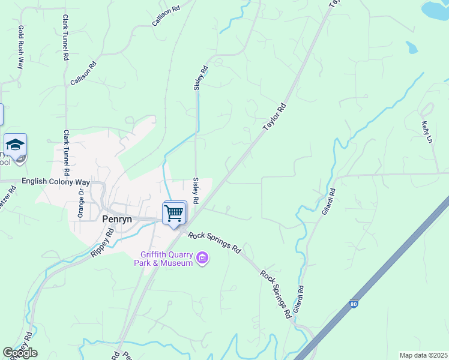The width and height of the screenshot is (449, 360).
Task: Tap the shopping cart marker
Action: [x=174, y=213]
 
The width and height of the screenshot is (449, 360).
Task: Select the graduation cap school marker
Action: [x=15, y=145]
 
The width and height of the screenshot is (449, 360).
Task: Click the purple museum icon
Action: [x=202, y=259]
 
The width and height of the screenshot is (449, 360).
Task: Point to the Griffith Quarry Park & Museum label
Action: [x=166, y=259]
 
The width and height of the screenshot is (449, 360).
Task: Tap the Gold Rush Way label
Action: [x=21, y=47]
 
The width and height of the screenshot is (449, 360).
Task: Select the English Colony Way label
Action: [x=55, y=181]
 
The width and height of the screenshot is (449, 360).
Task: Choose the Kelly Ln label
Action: [x=427, y=131]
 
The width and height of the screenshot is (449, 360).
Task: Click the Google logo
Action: [x=20, y=353]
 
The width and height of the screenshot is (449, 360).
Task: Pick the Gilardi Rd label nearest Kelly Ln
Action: [x=328, y=202]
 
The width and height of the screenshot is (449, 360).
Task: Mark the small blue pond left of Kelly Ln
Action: [x=412, y=47]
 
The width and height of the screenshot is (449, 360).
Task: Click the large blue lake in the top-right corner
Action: [x=437, y=9]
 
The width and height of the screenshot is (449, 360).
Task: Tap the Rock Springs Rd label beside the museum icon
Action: [x=214, y=242]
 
